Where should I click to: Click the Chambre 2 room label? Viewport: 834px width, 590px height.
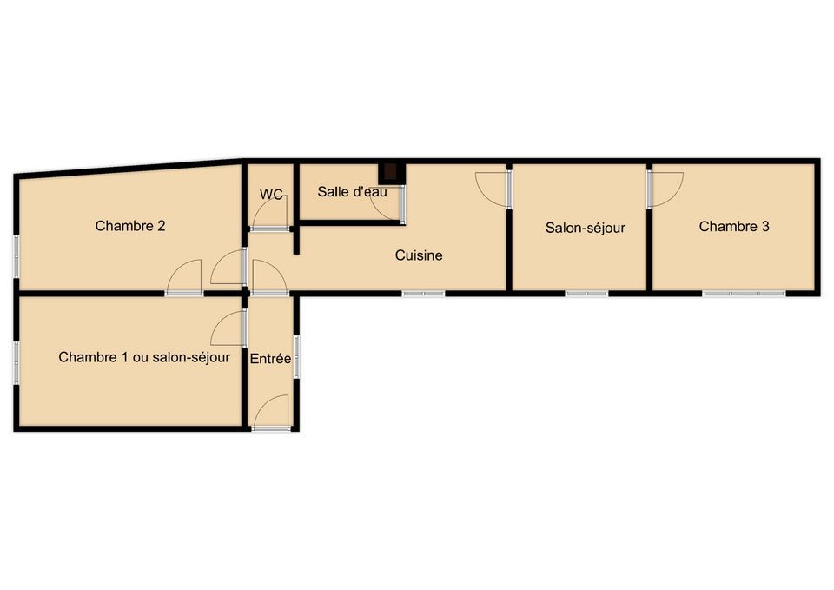[130, 226]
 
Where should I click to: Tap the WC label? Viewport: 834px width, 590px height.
[271, 194]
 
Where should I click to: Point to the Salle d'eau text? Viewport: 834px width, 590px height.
[352, 191]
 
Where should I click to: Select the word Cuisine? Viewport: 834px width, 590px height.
[419, 255]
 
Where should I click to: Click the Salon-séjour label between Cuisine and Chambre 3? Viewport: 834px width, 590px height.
[585, 229]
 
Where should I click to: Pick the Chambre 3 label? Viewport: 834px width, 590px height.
[734, 227]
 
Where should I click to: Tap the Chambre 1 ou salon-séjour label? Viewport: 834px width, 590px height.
[144, 357]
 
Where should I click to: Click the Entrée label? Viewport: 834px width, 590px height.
[271, 359]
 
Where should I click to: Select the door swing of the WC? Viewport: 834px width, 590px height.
[270, 213]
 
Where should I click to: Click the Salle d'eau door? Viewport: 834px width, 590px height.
[388, 203]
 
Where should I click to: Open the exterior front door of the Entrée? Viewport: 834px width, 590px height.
[271, 413]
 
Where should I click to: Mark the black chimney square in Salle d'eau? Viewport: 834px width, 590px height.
[391, 172]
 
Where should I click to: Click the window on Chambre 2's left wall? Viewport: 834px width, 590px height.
[17, 257]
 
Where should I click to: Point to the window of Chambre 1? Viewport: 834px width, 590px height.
[17, 362]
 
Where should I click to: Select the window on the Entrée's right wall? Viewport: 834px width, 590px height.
[297, 357]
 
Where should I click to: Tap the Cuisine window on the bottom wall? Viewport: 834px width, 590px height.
[423, 294]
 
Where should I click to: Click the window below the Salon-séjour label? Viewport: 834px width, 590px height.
[586, 294]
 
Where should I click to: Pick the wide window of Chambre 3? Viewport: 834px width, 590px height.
[744, 294]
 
